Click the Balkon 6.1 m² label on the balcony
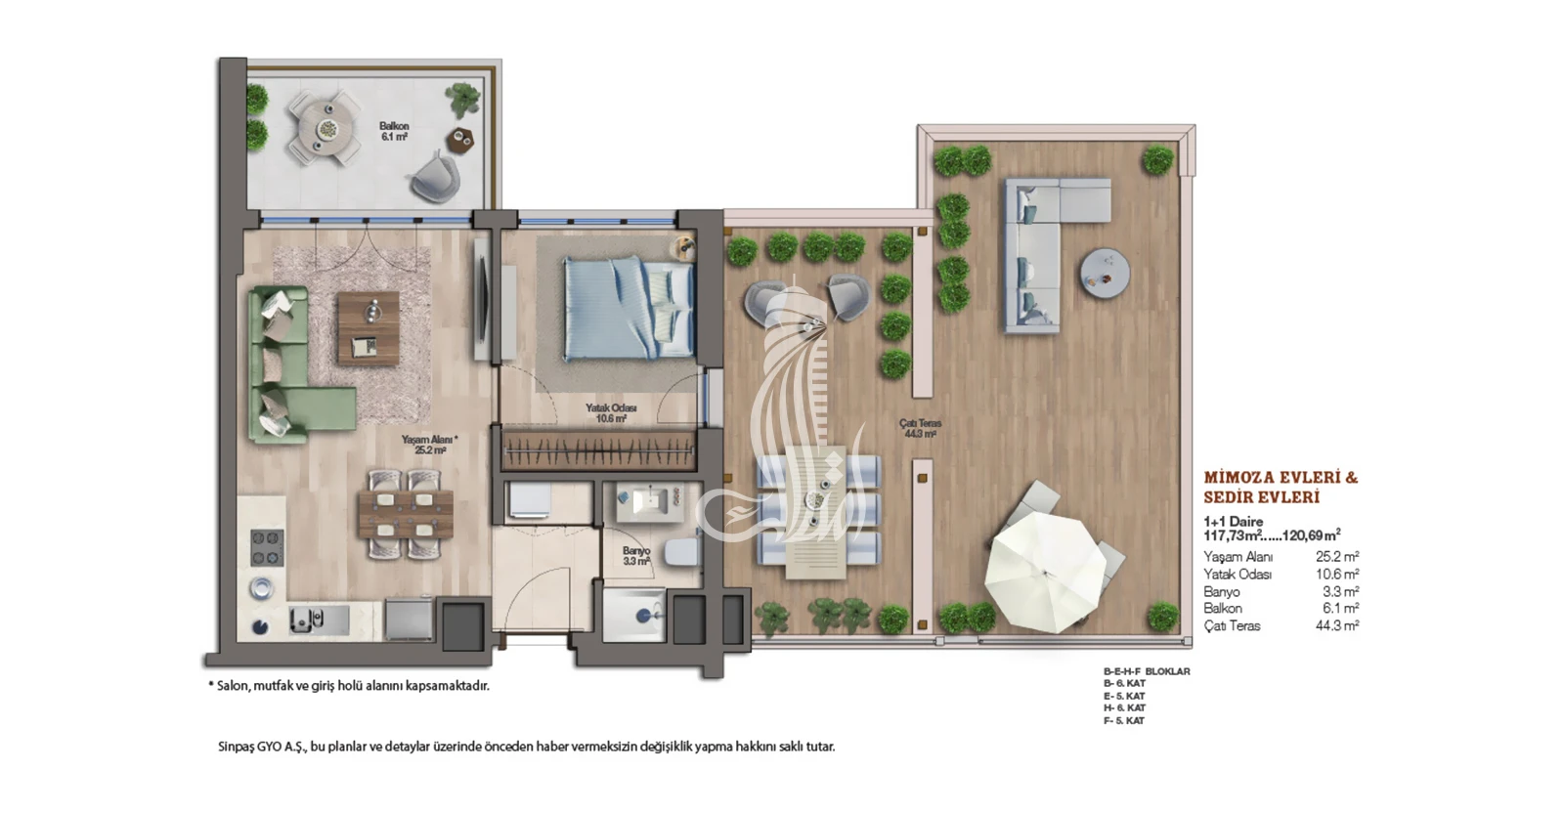[x=395, y=131]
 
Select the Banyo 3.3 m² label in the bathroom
[x=636, y=556]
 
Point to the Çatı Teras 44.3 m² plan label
[x=920, y=428]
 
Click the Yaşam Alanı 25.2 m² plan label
[x=429, y=446]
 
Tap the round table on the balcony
[x=326, y=128]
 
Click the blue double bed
[x=630, y=309]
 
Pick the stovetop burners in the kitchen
[x=268, y=548]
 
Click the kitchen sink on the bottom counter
[x=308, y=619]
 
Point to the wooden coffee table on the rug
[x=369, y=328]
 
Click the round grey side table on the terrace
[x=1105, y=275]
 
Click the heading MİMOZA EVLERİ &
[x=1281, y=478]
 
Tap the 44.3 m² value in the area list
[x=1337, y=626]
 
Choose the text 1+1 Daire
[x=1233, y=521]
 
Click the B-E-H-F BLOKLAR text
[x=1147, y=671]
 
